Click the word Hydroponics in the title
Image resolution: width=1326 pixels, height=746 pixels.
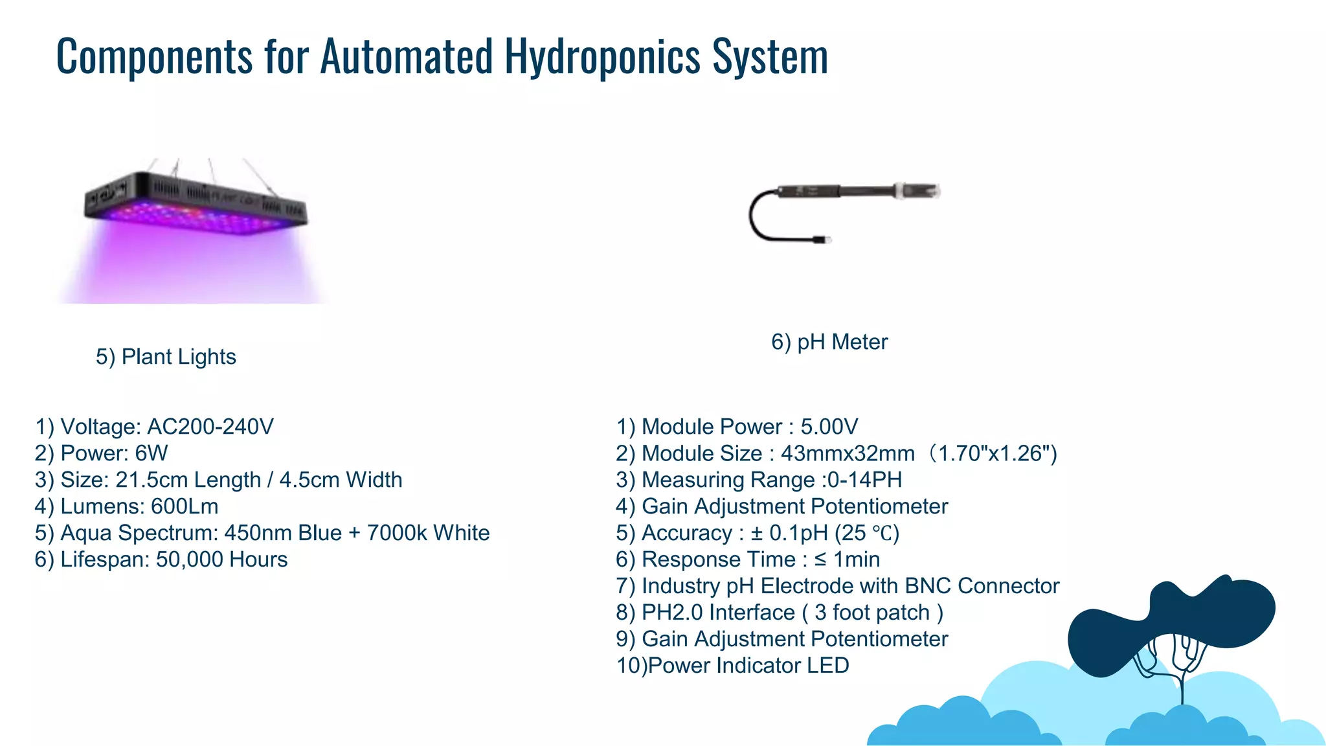(x=602, y=57)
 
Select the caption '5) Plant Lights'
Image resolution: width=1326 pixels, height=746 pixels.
(x=166, y=357)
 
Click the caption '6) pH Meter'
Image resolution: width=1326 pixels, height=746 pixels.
(x=829, y=342)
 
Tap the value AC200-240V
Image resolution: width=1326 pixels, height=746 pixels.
(x=210, y=427)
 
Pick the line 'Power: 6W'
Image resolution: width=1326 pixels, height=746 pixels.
(x=102, y=453)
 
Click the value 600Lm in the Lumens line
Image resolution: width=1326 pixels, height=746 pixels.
(x=185, y=506)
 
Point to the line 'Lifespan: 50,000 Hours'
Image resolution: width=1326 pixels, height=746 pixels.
(x=161, y=559)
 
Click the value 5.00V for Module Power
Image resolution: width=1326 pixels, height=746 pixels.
(x=829, y=427)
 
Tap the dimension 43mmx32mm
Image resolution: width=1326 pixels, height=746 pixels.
(x=848, y=453)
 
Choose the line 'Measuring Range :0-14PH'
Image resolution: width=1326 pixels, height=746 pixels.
(x=759, y=480)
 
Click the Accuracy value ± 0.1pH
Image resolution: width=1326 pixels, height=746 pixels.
(x=789, y=533)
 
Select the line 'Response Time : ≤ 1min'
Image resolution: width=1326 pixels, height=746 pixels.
(x=748, y=559)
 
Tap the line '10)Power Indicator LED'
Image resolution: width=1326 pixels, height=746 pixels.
(x=732, y=666)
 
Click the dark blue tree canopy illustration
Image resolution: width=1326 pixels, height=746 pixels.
(x=1172, y=622)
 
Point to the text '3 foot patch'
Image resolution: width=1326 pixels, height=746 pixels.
(x=872, y=613)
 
